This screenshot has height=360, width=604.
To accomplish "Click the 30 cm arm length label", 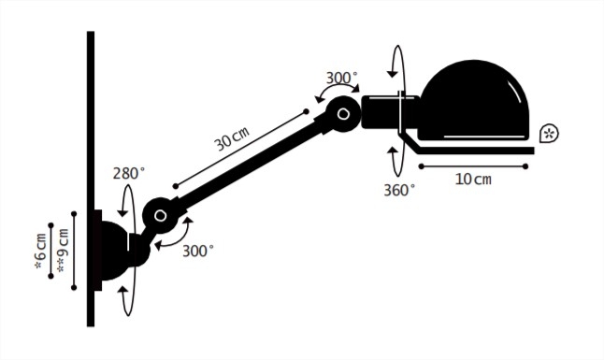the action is (x=232, y=138).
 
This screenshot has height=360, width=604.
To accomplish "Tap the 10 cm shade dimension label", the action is (x=473, y=180).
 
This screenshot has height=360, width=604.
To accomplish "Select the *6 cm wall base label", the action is (x=41, y=251).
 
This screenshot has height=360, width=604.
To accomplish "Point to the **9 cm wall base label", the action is (x=63, y=251).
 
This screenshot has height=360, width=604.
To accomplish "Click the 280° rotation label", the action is (x=129, y=173).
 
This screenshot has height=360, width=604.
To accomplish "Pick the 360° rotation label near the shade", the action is (x=399, y=190).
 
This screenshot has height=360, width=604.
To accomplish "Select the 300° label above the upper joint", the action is (x=341, y=79).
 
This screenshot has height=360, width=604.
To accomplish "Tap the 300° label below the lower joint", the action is (x=197, y=251).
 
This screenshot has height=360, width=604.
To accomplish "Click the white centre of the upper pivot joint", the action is (x=343, y=114).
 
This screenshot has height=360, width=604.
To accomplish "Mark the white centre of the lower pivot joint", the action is (x=160, y=215).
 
